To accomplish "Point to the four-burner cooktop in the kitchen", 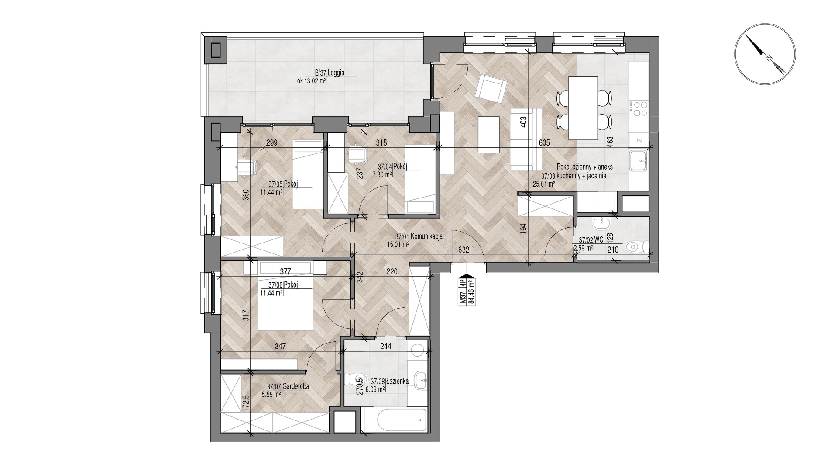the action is click(639, 108).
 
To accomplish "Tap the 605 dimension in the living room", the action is click(544, 142).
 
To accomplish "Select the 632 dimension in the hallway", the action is click(464, 250).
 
